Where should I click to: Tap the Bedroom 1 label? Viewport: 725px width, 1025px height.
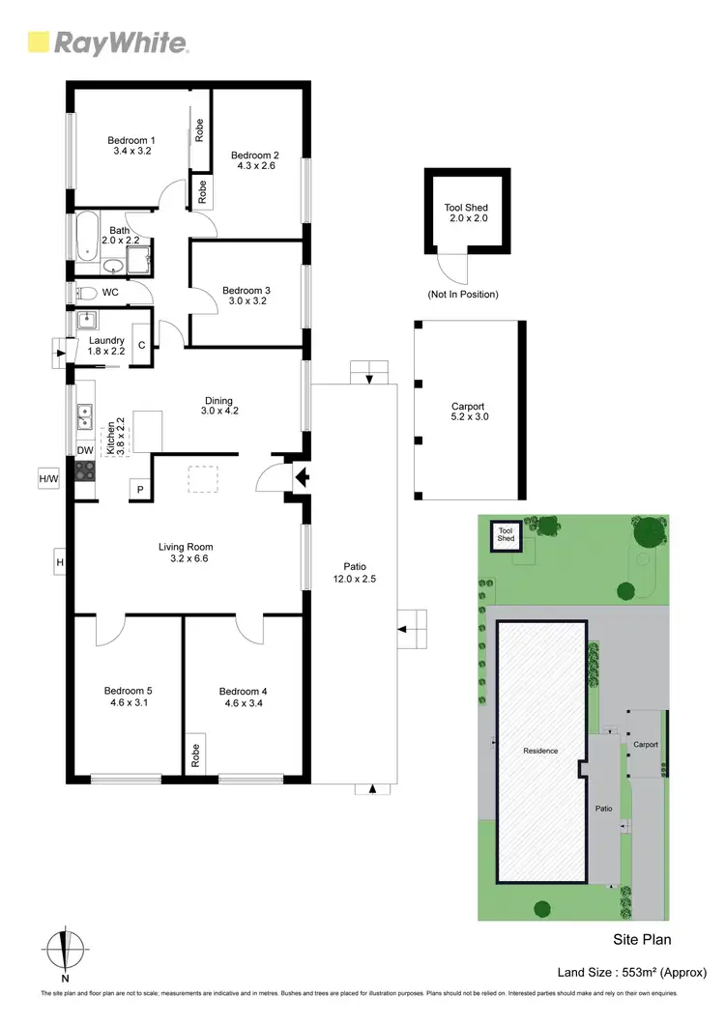pos(130,140)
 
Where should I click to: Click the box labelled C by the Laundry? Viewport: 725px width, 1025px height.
pos(141,345)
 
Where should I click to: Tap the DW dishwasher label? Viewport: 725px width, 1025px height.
pos(84,450)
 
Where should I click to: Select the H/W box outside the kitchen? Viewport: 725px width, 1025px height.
pos(48,478)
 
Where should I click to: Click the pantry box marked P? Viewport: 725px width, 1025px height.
pos(140,490)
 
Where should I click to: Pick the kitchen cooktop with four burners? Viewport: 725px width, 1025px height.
pos(85,471)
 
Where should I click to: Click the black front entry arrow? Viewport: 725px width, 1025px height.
pos(300,475)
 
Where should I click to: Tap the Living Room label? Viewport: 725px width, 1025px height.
pos(185,547)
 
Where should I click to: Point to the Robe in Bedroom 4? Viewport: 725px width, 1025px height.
pos(195,755)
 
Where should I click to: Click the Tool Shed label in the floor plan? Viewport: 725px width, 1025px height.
pos(466,208)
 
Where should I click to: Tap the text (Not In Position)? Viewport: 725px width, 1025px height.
pos(463,294)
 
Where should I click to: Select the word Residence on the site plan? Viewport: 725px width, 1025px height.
pos(540,751)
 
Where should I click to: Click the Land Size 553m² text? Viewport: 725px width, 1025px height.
pos(632,972)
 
